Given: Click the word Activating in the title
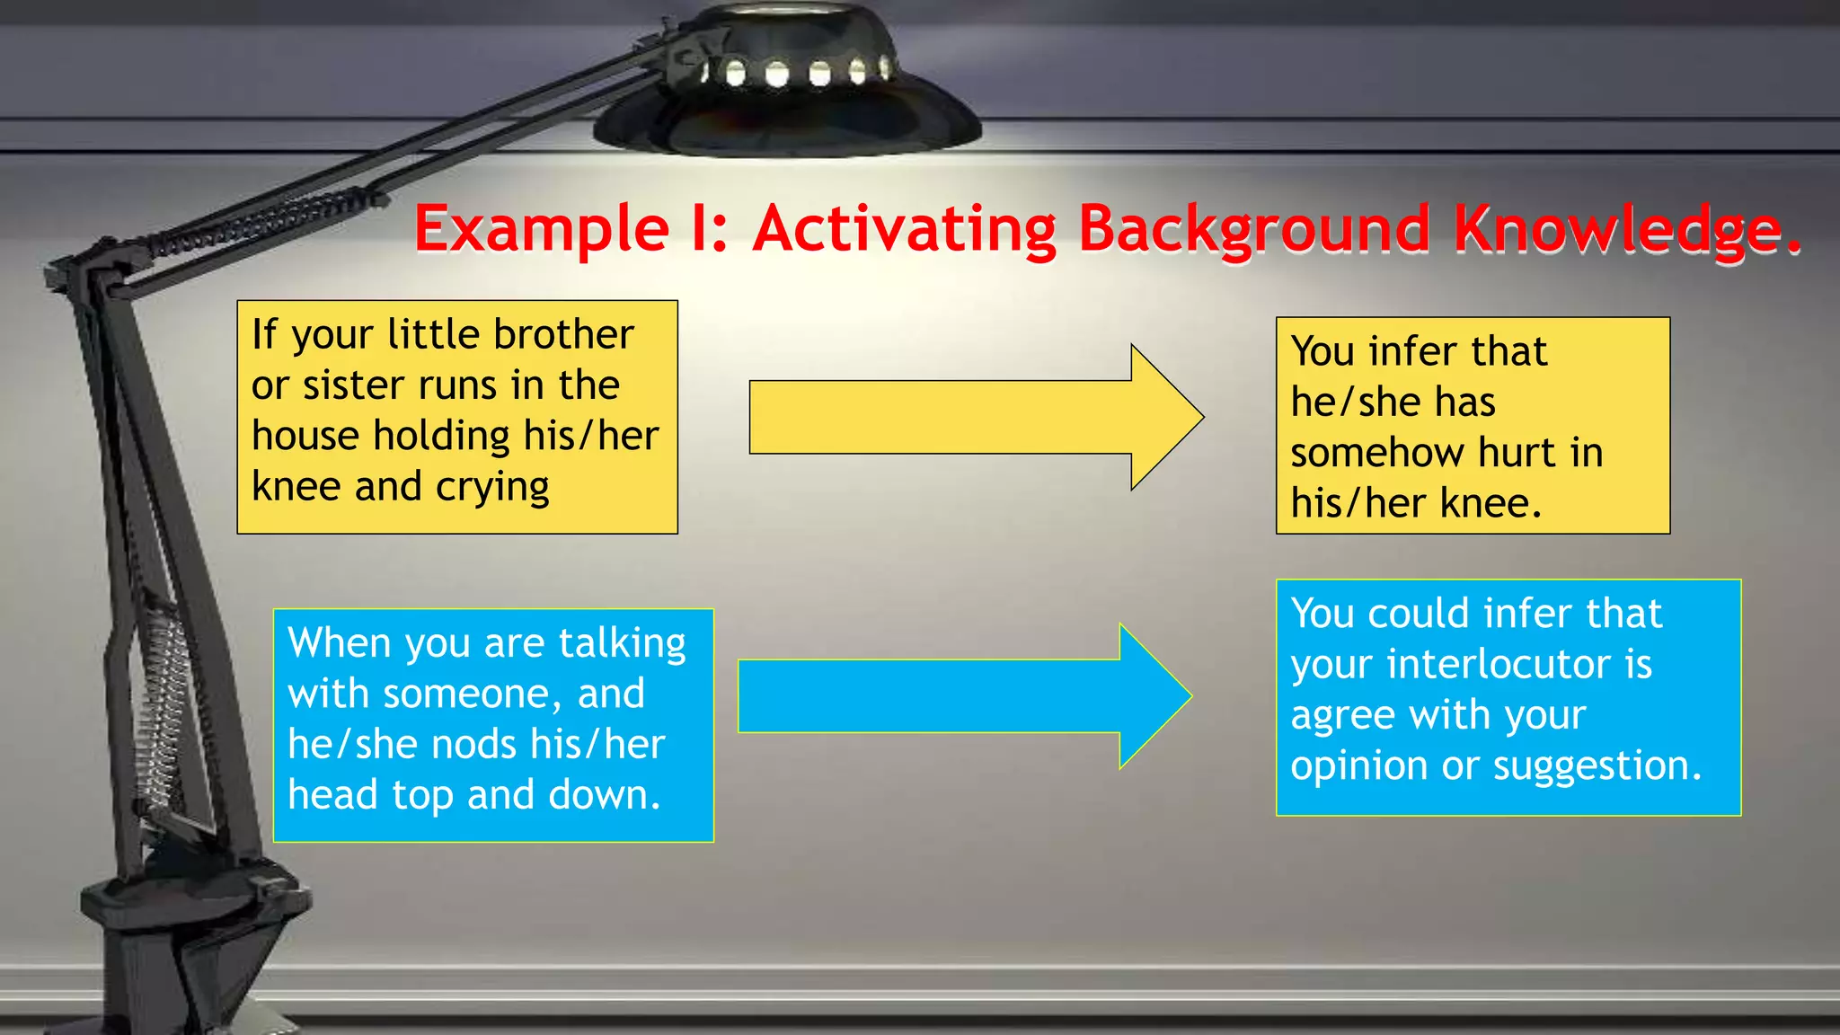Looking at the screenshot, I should (x=906, y=228).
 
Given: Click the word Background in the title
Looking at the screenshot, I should (x=1253, y=230).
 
